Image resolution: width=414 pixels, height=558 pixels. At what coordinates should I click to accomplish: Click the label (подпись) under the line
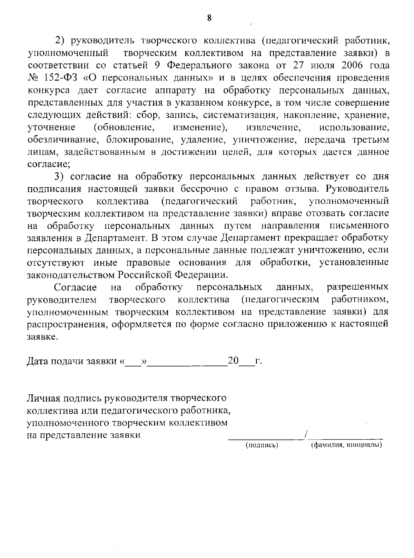(262, 445)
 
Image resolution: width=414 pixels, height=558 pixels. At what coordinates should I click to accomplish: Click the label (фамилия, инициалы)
(346, 445)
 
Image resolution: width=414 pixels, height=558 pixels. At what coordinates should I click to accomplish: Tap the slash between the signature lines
(306, 435)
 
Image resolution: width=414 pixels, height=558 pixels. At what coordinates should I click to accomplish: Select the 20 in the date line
(233, 361)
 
